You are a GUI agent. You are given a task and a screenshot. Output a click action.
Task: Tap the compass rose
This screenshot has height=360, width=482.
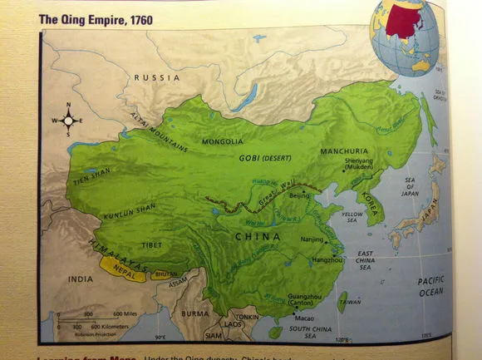point(68,121)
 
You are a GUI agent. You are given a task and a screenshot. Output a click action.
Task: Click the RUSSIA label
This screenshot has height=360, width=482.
point(157,77)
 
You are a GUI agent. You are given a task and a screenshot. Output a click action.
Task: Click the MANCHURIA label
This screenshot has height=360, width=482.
point(343,152)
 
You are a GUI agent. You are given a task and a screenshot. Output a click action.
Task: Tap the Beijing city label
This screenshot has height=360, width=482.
point(298,195)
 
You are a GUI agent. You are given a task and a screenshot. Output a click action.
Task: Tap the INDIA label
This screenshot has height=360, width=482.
point(82,279)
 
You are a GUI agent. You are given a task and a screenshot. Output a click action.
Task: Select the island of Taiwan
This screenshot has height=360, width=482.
point(342,300)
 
